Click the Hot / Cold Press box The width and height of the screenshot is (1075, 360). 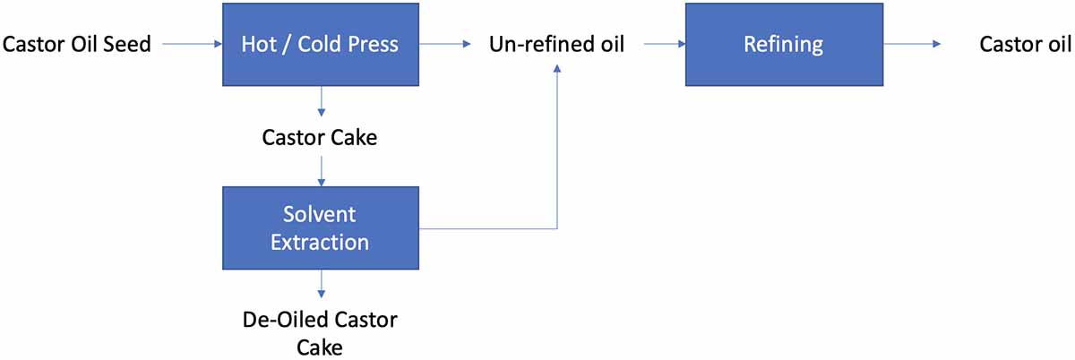click(x=321, y=44)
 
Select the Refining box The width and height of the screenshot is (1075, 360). click(x=783, y=44)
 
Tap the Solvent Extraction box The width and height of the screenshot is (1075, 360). click(x=321, y=228)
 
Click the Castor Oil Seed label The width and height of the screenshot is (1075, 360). click(x=76, y=44)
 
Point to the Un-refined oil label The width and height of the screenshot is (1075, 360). click(x=555, y=44)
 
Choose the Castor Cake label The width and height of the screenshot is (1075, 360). click(x=320, y=138)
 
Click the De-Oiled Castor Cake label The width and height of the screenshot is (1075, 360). click(x=320, y=332)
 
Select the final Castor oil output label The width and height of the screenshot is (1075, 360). click(x=1024, y=44)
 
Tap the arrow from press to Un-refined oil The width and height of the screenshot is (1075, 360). click(x=446, y=44)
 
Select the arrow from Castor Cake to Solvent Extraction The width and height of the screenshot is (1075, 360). click(x=321, y=169)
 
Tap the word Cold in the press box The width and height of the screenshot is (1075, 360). click(x=315, y=44)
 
